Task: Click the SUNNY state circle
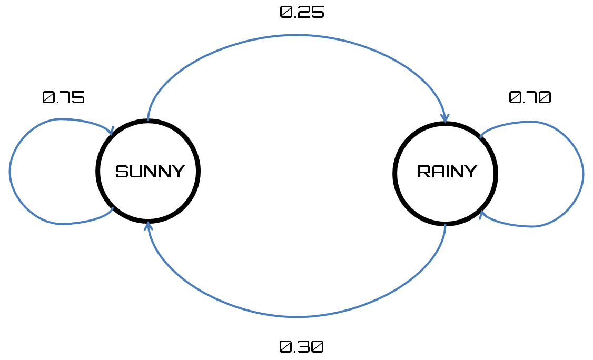point(149,171)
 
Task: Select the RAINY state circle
point(446,174)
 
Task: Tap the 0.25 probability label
point(302,13)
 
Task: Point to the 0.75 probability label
point(63,97)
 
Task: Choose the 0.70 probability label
point(530,97)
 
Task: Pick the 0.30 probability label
point(301,347)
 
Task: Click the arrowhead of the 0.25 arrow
point(446,119)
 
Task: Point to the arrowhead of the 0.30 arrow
point(149,225)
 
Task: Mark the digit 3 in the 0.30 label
point(302,347)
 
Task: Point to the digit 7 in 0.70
point(530,97)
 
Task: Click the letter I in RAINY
point(447,172)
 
